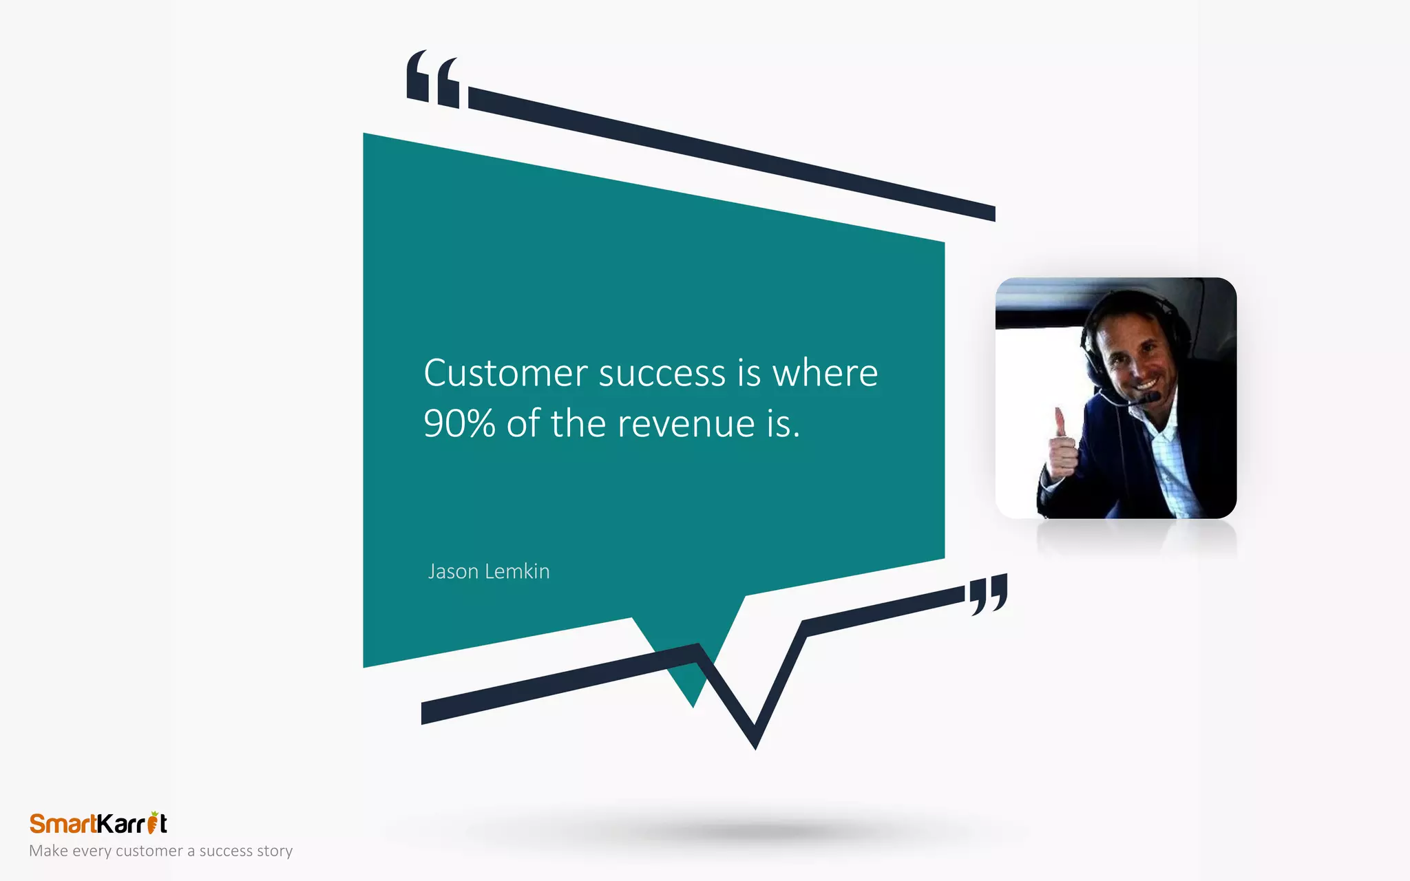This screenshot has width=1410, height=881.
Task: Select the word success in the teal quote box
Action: (x=662, y=374)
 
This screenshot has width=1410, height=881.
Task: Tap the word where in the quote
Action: (x=825, y=374)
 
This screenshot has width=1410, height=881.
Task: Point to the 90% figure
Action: (x=459, y=423)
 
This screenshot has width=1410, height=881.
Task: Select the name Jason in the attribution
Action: (x=453, y=571)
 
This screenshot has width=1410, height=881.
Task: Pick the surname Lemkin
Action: (x=517, y=571)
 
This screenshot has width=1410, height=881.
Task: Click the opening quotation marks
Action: (x=433, y=79)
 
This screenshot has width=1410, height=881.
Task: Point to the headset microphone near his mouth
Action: (x=1150, y=398)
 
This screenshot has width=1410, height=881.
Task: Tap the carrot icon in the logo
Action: (x=154, y=822)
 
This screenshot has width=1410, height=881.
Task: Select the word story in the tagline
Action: (x=275, y=851)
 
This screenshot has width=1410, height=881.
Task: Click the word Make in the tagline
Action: (x=48, y=851)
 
